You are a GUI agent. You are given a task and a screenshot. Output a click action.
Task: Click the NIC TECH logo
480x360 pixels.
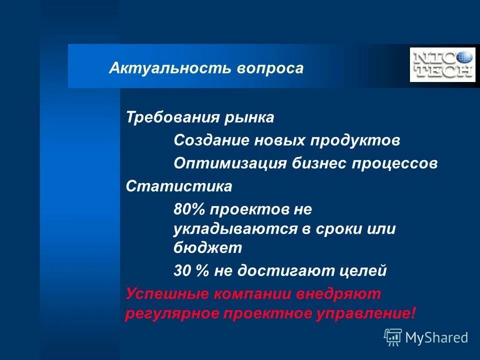[x=442, y=64]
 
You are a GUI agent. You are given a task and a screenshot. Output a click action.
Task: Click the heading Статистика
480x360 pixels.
[x=179, y=186]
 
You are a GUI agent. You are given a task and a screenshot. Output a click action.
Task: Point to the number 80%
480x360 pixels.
[x=189, y=209]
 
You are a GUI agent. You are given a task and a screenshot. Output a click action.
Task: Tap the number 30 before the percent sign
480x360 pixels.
[x=182, y=271]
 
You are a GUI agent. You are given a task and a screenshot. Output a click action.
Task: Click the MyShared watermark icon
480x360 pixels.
[x=393, y=337]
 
